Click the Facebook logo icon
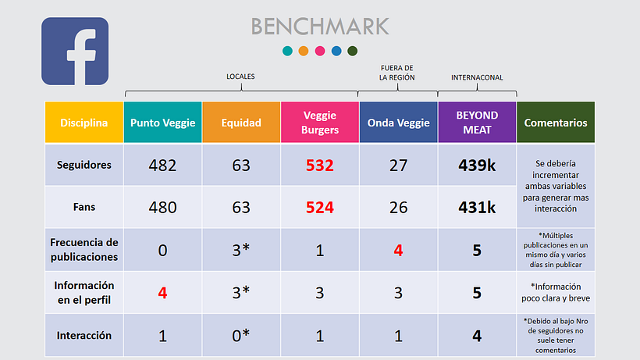pos(75,51)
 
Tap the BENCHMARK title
pos(320,27)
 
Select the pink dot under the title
pos(320,51)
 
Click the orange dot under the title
pos(304,51)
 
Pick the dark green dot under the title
pos(352,51)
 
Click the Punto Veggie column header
pos(162,123)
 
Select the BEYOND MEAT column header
pos(477,123)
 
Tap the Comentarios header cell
pos(556,123)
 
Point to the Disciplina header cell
pos(84,123)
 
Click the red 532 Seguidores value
pos(320,166)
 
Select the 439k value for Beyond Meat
pos(477,166)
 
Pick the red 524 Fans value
pos(320,208)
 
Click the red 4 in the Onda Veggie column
pos(398,250)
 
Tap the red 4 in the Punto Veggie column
pos(162,293)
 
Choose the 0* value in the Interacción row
pos(241,335)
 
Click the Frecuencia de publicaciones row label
pos(84,249)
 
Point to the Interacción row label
pos(84,336)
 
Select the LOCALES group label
pos(240,77)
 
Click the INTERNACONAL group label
pos(477,77)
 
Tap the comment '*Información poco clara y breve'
pos(556,292)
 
